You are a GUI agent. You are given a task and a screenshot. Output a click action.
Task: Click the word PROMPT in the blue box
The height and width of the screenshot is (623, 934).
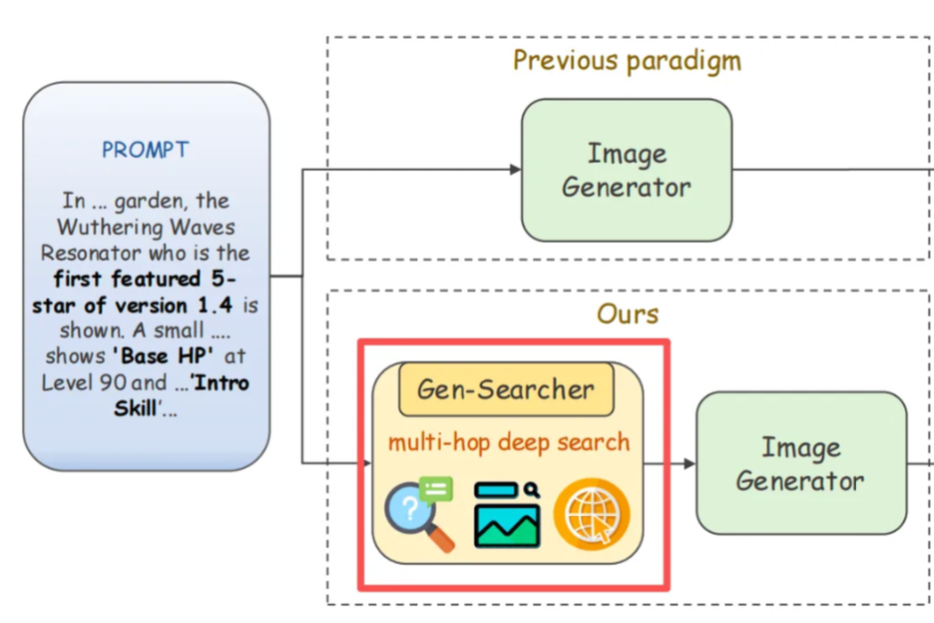pyautogui.click(x=146, y=151)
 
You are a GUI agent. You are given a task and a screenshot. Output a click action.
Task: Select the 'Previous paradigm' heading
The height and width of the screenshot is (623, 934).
pyautogui.click(x=627, y=61)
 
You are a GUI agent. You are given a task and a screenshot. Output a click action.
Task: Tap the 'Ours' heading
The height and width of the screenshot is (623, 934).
pyautogui.click(x=628, y=314)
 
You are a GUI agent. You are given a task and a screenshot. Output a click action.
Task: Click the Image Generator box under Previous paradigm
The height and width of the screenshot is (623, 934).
pyautogui.click(x=626, y=170)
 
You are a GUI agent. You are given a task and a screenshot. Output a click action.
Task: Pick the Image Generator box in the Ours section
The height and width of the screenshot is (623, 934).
pyautogui.click(x=800, y=463)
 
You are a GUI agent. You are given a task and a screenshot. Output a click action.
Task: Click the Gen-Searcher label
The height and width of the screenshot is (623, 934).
pyautogui.click(x=505, y=388)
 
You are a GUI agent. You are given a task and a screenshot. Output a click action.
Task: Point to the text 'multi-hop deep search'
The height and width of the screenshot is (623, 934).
pyautogui.click(x=509, y=441)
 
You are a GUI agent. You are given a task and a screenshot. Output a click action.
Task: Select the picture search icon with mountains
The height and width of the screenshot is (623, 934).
pyautogui.click(x=507, y=514)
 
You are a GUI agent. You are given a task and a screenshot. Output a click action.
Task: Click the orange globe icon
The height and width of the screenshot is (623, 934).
pyautogui.click(x=593, y=514)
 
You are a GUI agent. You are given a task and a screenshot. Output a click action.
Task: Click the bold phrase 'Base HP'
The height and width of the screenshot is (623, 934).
pyautogui.click(x=168, y=356)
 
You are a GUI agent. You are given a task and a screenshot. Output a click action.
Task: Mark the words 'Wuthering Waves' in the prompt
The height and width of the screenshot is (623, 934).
pyautogui.click(x=146, y=227)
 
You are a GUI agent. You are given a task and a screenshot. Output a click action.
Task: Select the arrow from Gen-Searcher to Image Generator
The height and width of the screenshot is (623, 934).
pyautogui.click(x=670, y=463)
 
